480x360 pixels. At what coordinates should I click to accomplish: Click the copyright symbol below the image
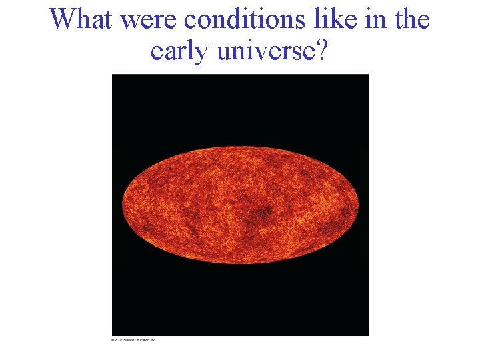[x=113, y=340]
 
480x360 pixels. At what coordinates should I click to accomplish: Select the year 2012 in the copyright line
[x=118, y=340]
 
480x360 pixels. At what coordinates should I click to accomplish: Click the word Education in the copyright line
[x=143, y=340]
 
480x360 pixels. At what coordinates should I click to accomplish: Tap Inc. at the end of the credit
[x=153, y=340]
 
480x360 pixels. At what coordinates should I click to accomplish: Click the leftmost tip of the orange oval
[x=122, y=204]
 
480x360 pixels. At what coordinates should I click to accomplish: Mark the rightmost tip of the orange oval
[x=358, y=204]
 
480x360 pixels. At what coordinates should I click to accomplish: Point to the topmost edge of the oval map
[x=240, y=147]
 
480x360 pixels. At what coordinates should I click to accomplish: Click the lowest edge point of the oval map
[x=240, y=263]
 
